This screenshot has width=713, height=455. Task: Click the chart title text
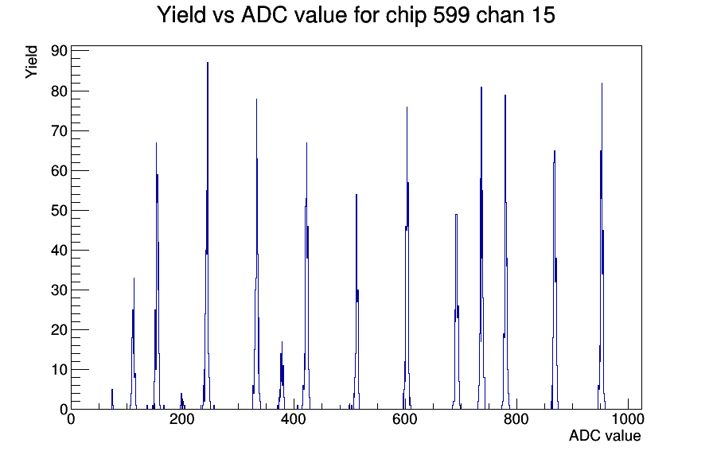pos(356,15)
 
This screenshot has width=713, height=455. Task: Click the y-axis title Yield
pos(31,62)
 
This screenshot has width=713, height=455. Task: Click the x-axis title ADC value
pos(605,435)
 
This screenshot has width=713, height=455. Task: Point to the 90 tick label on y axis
pos(60,51)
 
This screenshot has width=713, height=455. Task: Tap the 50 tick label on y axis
pos(60,211)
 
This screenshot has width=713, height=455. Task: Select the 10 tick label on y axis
pos(60,370)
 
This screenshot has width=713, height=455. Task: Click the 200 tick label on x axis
pos(182,418)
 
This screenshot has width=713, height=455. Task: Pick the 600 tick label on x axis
pos(405,418)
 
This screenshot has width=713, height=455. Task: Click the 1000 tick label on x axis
pos(628,418)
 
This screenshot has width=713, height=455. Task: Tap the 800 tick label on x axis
pos(516,418)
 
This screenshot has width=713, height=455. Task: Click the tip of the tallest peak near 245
pos(208,63)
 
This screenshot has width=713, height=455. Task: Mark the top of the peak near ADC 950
pos(602,84)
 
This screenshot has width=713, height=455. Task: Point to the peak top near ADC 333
pos(256,99)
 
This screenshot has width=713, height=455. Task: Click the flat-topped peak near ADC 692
pos(456,215)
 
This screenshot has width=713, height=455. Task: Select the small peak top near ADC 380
pos(282,342)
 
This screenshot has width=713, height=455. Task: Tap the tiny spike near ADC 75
pos(112,390)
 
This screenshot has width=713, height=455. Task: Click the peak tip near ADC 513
pos(356,195)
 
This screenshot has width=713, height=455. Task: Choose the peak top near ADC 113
pos(134,278)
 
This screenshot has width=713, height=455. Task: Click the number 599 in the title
pos(448,15)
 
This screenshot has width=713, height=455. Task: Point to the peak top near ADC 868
pos(555,151)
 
